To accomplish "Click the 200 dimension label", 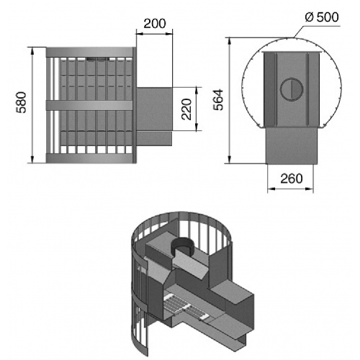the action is pos(155,24).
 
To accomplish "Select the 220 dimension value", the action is pos(186,109).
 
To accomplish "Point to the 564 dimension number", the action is pos(218,100).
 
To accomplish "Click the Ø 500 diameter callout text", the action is pos(322,17).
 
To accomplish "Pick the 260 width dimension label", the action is pos(292,179).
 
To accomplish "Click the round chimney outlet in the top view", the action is pos(292,89).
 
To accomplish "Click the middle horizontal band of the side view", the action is pos(89,105).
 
